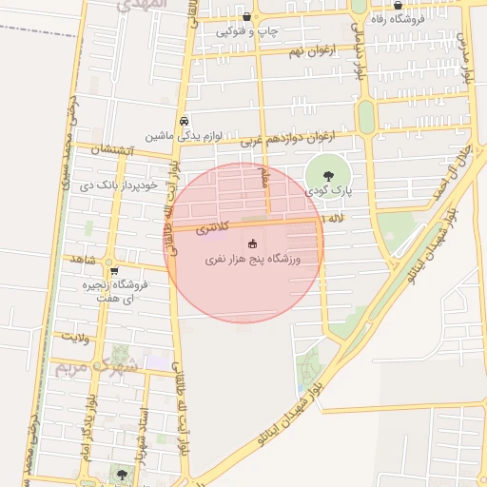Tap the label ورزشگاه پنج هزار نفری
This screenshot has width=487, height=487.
(x=252, y=259)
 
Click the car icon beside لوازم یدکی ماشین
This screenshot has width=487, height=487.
(x=185, y=122)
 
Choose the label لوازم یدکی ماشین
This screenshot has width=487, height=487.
(x=184, y=136)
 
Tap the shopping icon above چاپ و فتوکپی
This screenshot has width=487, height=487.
(x=247, y=17)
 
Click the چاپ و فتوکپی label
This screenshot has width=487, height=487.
(x=247, y=31)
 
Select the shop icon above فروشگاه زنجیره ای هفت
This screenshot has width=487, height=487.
(x=113, y=271)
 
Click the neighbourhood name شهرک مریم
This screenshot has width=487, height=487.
(x=95, y=365)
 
